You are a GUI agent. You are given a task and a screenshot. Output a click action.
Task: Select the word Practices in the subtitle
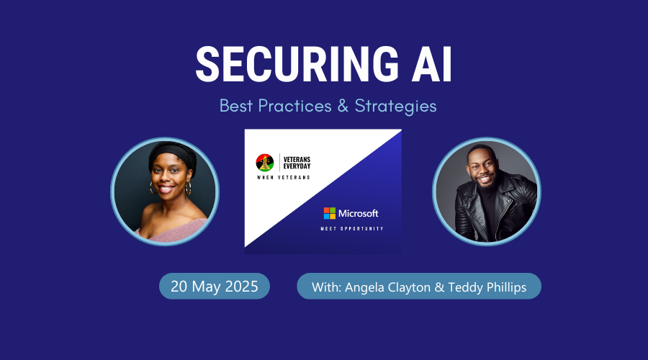(294, 106)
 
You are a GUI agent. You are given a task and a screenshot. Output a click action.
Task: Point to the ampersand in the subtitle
(343, 106)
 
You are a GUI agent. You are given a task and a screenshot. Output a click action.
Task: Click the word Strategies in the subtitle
(395, 107)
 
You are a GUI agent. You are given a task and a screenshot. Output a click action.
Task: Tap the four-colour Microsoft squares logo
(329, 213)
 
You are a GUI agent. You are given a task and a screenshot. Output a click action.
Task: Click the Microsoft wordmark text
(359, 213)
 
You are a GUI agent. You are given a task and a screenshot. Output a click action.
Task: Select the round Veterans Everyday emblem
(264, 163)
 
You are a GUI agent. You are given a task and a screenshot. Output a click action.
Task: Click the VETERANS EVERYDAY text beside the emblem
(297, 163)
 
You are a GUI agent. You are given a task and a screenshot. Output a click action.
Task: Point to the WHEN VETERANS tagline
(284, 178)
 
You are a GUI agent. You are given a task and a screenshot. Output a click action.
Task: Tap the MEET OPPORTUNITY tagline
(352, 228)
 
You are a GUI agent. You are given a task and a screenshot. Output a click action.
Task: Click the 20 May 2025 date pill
(215, 286)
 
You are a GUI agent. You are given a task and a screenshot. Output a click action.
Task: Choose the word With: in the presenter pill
(326, 287)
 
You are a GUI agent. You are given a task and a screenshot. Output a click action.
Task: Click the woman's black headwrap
(172, 154)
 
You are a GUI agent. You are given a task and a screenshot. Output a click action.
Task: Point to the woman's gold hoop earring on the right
(189, 188)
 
